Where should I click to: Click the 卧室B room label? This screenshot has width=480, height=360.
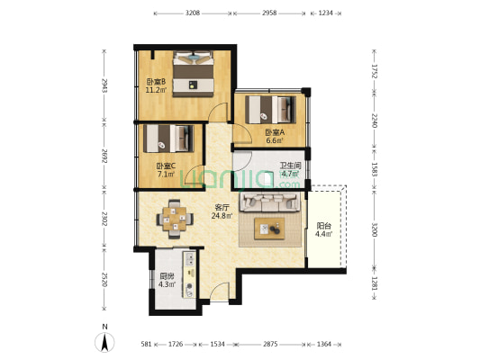pos(157,82)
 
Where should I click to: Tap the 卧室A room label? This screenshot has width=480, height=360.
pos(275,132)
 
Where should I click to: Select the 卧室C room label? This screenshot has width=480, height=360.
pos(166,166)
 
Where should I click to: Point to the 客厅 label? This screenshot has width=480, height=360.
pos(222,207)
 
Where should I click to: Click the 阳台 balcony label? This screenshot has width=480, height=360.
pos(324,226)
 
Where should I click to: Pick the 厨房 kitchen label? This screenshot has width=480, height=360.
pos(167,276)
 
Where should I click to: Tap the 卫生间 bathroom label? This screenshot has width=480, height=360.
pos(291,166)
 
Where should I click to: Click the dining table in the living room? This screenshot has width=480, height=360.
pos(175,219)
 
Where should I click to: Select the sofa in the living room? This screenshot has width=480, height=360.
pos(270,202)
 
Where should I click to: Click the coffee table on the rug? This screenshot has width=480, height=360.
pos(269,229)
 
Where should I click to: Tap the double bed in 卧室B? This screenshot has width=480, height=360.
pos(193,74)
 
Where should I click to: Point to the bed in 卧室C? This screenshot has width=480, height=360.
pos(168,139)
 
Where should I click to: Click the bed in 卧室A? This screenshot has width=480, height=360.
pos(270,110)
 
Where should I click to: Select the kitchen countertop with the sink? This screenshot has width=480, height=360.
pos(189,274)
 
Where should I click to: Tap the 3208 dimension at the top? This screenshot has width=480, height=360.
pos(193,13)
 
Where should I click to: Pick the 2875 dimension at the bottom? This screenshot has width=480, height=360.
pos(270,344)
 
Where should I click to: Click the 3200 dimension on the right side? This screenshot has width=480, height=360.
pos(374,230)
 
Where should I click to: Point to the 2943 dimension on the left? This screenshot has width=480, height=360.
pos(104,85)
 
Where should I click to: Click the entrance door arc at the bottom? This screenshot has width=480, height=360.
pos(219,289)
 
